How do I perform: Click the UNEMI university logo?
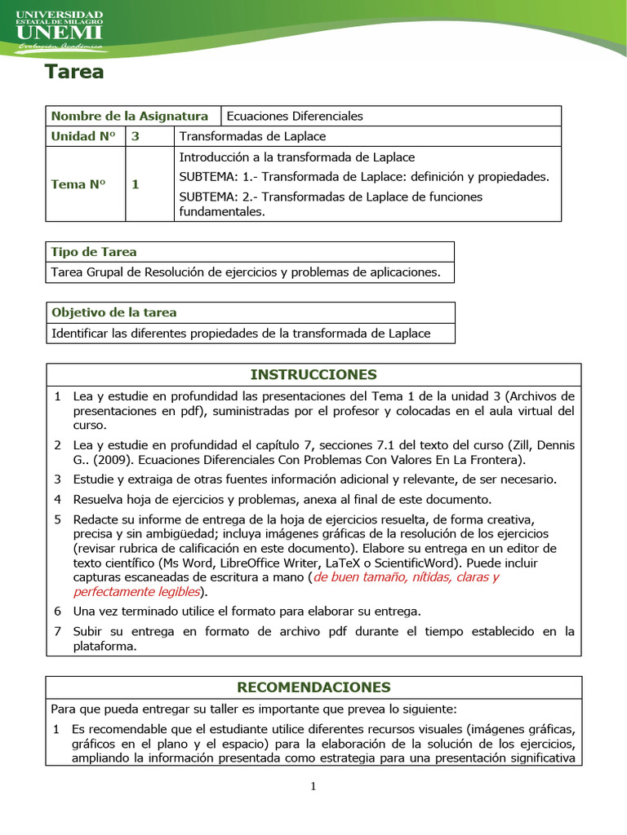[x=60, y=30]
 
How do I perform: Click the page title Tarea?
[x=74, y=72]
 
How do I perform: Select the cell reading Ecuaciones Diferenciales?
[x=295, y=116]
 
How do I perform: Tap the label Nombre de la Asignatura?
[x=130, y=116]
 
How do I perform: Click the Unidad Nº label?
[x=83, y=136]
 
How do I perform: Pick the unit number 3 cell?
[x=136, y=136]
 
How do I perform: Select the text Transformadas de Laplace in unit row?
[x=252, y=136]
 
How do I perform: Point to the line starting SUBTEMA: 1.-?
[x=363, y=176]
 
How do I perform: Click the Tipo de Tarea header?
[x=94, y=252]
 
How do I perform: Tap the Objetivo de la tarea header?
[x=113, y=312]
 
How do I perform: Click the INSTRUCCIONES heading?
[x=313, y=374]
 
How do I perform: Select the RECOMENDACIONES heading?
[x=313, y=687]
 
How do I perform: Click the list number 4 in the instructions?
[x=58, y=499]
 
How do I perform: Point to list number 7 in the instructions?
[x=58, y=631]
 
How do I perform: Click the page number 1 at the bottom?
[x=313, y=786]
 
